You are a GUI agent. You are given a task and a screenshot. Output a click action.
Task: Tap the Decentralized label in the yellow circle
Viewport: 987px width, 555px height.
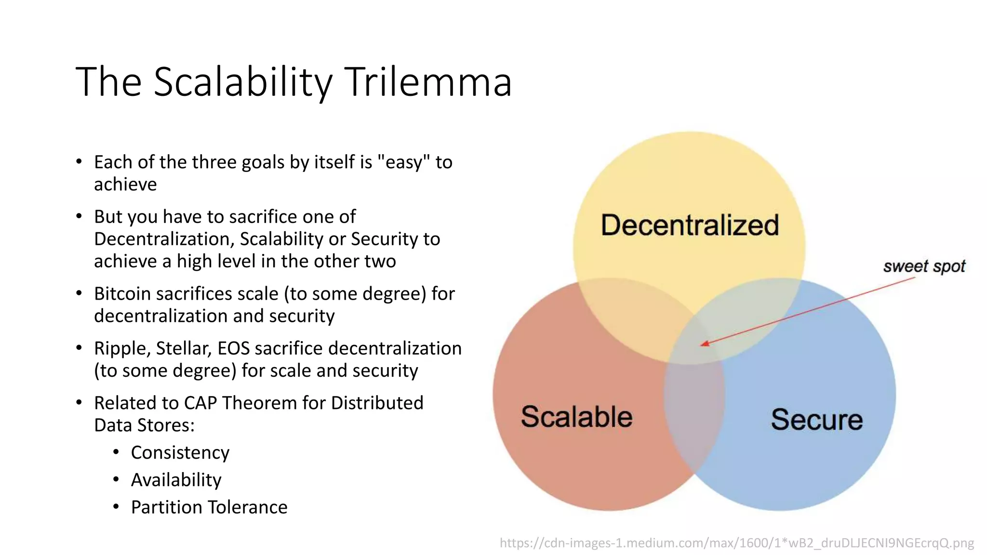(690, 225)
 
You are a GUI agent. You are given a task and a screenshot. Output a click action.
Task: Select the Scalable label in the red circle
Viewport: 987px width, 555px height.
(576, 417)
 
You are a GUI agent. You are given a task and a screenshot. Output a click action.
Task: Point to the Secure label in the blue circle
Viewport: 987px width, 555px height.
(816, 419)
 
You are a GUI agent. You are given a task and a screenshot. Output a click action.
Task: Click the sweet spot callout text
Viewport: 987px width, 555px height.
(924, 266)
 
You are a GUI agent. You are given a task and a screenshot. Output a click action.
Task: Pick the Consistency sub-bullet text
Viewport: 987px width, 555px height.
(180, 452)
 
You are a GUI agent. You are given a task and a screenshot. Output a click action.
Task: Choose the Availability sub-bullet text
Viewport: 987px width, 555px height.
(176, 480)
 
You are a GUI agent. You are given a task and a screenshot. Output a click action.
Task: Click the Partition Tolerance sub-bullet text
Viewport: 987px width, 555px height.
(209, 507)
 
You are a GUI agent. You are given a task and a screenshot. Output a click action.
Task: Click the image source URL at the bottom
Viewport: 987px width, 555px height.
(736, 543)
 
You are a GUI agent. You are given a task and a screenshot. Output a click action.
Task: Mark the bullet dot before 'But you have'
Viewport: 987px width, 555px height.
(79, 216)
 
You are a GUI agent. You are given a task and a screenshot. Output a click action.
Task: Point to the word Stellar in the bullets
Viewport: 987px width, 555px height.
(184, 348)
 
